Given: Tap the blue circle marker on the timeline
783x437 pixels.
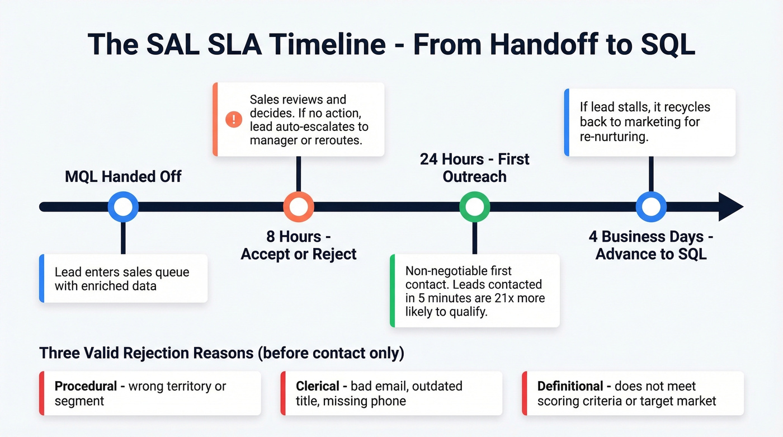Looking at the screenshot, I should (123, 206).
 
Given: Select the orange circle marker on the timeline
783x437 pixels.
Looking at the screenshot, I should (299, 206).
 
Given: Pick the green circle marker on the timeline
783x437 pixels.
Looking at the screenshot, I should (474, 206).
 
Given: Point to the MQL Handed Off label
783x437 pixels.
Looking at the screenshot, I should (123, 177).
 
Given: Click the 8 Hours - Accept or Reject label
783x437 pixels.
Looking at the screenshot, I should (299, 245).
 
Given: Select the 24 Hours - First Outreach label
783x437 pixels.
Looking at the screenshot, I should (474, 168).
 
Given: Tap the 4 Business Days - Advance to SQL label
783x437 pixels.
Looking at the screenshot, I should (651, 245).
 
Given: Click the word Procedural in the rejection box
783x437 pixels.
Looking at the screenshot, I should (86, 386).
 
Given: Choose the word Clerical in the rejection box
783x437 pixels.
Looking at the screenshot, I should (318, 386).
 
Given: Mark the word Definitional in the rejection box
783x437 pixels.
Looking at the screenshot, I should (570, 386).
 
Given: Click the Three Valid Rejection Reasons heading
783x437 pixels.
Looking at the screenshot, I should (221, 353).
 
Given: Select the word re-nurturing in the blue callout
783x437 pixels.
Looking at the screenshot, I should (614, 136).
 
